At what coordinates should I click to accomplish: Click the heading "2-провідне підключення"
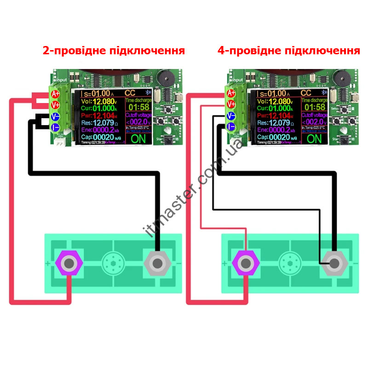114,51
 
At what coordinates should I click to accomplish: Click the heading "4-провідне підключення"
288,51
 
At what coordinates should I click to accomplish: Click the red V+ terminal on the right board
231,105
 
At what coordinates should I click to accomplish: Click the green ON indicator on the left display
138,138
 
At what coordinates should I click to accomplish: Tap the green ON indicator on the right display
314,138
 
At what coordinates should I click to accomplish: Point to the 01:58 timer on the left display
138,108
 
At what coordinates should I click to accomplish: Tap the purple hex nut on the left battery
69,264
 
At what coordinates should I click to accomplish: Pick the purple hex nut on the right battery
246,264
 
